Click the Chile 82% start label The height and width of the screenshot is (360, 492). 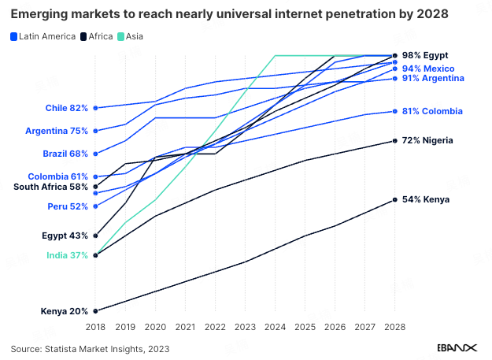(67, 108)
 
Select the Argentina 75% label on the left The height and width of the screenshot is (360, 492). (57, 131)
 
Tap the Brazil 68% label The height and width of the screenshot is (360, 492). (65, 154)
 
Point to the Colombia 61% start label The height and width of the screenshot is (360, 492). (57, 176)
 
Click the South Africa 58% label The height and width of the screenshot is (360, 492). (51, 187)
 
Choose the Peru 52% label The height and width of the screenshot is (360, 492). (68, 206)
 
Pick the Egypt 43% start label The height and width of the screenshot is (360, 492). (65, 236)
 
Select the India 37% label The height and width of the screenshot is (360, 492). (67, 255)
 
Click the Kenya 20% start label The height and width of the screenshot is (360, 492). (65, 311)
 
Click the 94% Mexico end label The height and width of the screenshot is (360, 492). (427, 69)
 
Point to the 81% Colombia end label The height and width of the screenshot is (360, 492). (431, 111)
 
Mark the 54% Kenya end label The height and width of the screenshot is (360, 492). (425, 200)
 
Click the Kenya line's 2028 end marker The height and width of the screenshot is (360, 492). (394, 200)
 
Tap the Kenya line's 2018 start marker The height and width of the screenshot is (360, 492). (95, 311)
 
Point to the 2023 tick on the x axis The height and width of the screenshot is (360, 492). (245, 325)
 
